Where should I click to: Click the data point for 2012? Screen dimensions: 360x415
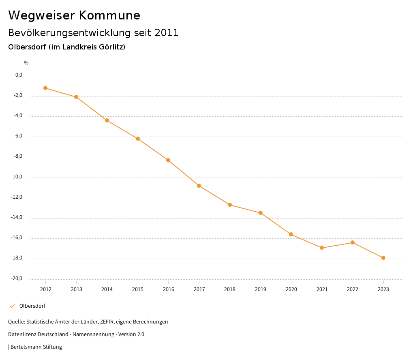[45, 88]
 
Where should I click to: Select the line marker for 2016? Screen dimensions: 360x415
[168, 160]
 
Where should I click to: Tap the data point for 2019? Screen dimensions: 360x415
[261, 213]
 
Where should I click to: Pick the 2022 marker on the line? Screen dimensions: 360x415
[353, 242]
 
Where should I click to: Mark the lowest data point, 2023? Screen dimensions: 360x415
[383, 258]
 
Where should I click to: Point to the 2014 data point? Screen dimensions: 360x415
[107, 120]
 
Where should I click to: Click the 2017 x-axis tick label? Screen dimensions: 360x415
[199, 289]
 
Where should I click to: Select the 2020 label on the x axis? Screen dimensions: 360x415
[291, 289]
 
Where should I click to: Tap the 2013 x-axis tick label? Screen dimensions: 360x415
[76, 289]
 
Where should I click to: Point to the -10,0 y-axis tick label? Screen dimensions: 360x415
[16, 177]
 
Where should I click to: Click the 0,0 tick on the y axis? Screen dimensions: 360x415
[19, 75]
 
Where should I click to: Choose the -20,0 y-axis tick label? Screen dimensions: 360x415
[16, 279]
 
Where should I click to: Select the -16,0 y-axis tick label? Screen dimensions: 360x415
[16, 238]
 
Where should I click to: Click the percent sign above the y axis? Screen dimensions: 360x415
[26, 62]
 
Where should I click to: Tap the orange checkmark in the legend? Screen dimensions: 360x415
[12, 306]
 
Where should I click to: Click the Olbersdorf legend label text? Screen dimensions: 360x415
[32, 306]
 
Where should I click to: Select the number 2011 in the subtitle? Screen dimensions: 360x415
[167, 33]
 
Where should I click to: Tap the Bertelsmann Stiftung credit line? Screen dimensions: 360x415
[36, 347]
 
